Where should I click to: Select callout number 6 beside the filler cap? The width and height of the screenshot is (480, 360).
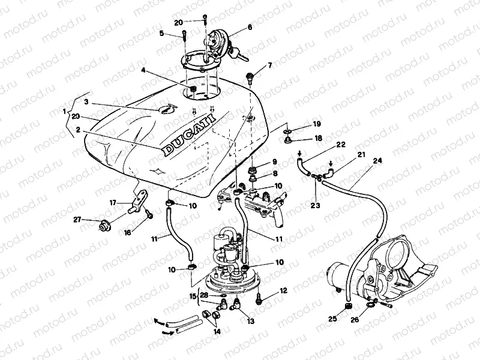[250, 28]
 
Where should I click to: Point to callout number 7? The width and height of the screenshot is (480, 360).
[270, 65]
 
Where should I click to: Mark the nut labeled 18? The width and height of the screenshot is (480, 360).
[288, 140]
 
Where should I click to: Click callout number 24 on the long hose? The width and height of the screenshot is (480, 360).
[377, 161]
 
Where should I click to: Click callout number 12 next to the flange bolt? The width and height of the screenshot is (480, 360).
[283, 290]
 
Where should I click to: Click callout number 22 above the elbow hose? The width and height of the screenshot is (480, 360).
[340, 145]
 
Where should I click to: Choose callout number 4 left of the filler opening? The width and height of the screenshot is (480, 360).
[143, 71]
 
